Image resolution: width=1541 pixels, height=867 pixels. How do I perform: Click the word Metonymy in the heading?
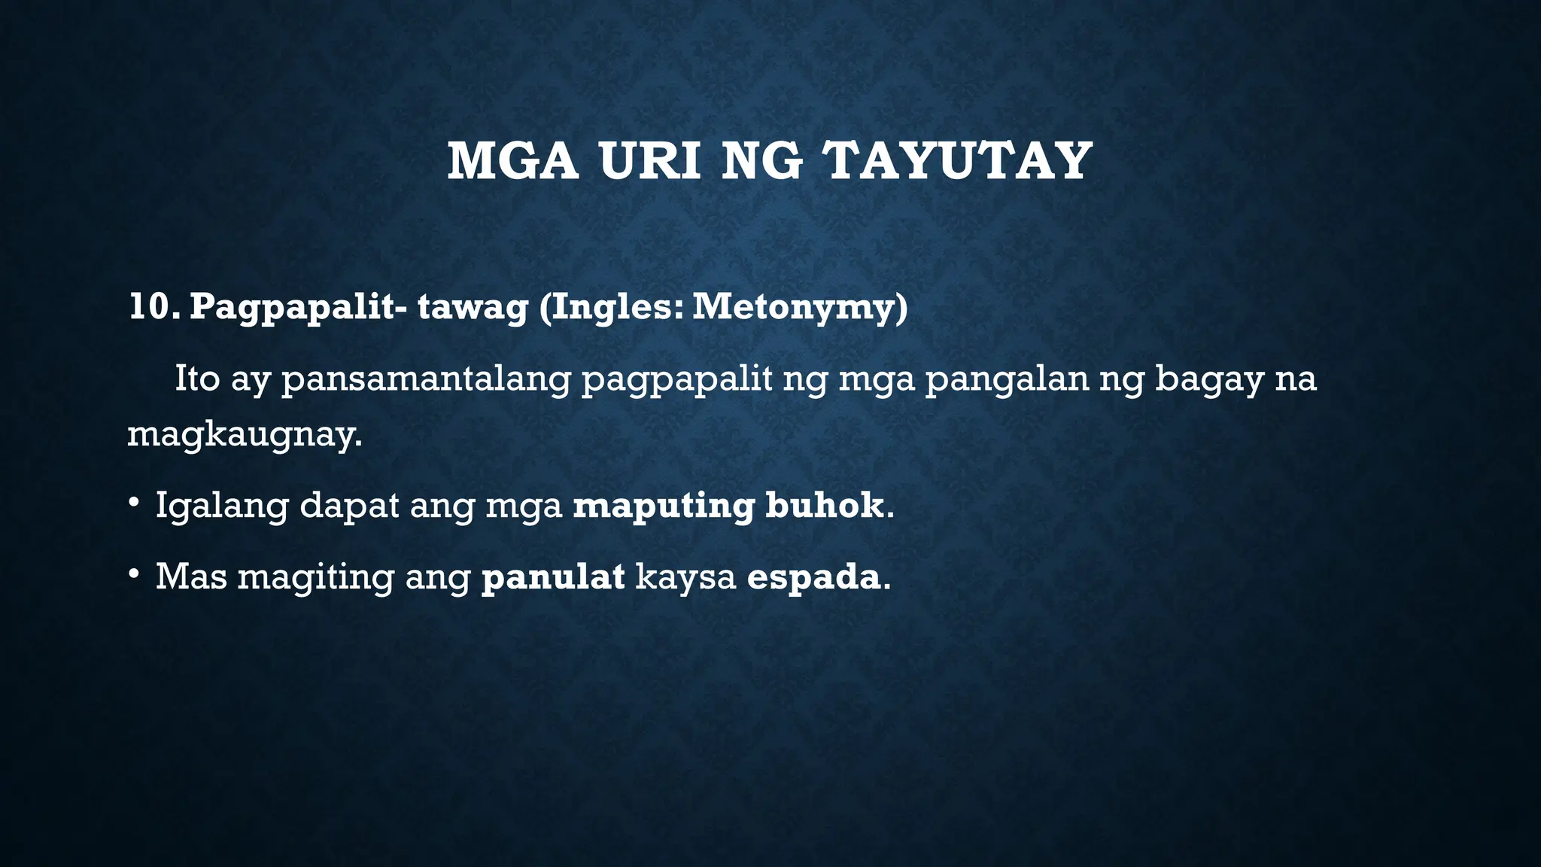pos(800,309)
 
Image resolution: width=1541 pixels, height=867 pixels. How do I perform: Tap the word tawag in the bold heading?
pos(473,309)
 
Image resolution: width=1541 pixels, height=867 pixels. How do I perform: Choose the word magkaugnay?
pos(244,436)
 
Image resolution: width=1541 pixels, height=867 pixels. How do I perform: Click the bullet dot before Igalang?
pos(133,502)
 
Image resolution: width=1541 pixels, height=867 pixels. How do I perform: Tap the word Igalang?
pos(222,506)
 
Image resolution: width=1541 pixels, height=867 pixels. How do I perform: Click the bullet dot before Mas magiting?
pos(133,574)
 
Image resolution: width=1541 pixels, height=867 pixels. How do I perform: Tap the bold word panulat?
pos(553,577)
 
